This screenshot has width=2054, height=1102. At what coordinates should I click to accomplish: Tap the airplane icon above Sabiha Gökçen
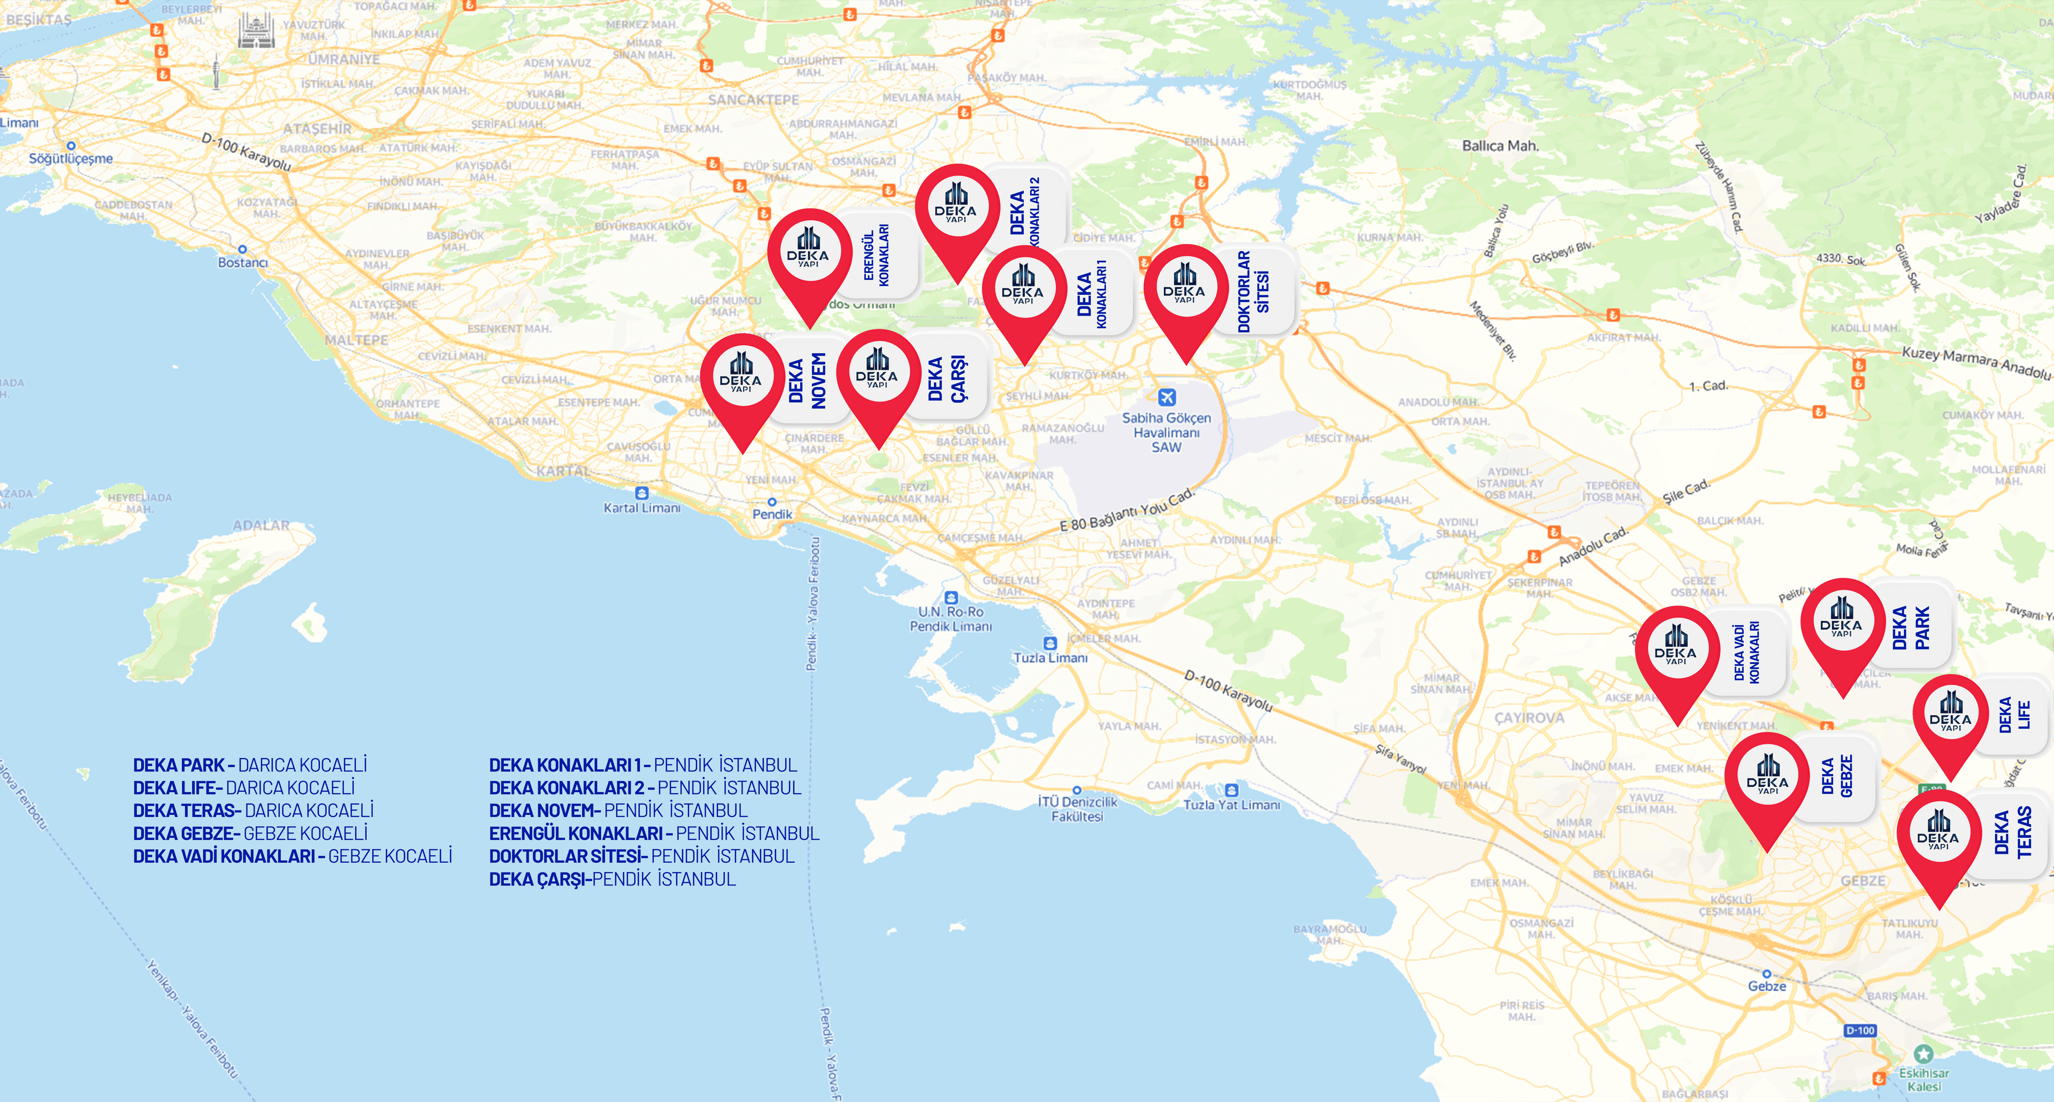1167,396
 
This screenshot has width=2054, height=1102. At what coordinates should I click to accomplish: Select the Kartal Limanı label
642,508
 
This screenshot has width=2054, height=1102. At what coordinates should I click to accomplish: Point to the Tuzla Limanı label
1050,658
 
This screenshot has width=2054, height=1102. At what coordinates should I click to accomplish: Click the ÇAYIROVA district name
1529,718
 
